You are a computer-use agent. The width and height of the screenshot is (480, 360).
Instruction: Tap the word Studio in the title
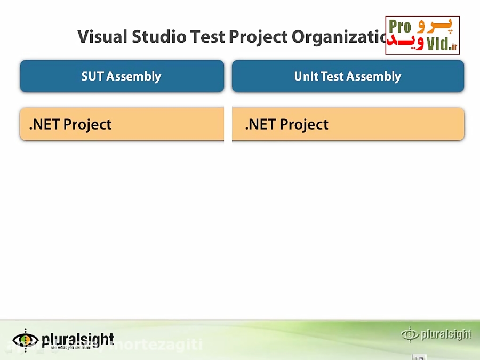159,37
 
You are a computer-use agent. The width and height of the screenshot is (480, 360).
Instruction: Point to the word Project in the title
258,37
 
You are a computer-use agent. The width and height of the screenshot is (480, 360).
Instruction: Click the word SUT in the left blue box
92,76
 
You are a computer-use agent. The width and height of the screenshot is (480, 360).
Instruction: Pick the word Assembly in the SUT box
133,77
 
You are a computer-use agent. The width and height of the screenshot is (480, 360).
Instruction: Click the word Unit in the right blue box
306,76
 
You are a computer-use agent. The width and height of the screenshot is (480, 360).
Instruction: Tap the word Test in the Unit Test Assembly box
332,76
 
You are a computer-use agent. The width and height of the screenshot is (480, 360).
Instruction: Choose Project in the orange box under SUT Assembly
87,125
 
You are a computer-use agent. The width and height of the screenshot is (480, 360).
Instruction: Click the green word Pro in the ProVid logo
399,27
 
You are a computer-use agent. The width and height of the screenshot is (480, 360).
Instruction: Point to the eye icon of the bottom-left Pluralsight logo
25,339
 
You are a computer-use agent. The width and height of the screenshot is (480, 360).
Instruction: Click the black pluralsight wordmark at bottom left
78,339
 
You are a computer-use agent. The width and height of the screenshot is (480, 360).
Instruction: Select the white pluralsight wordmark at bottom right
446,334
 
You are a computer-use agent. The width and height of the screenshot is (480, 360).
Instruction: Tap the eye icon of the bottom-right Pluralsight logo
410,334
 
